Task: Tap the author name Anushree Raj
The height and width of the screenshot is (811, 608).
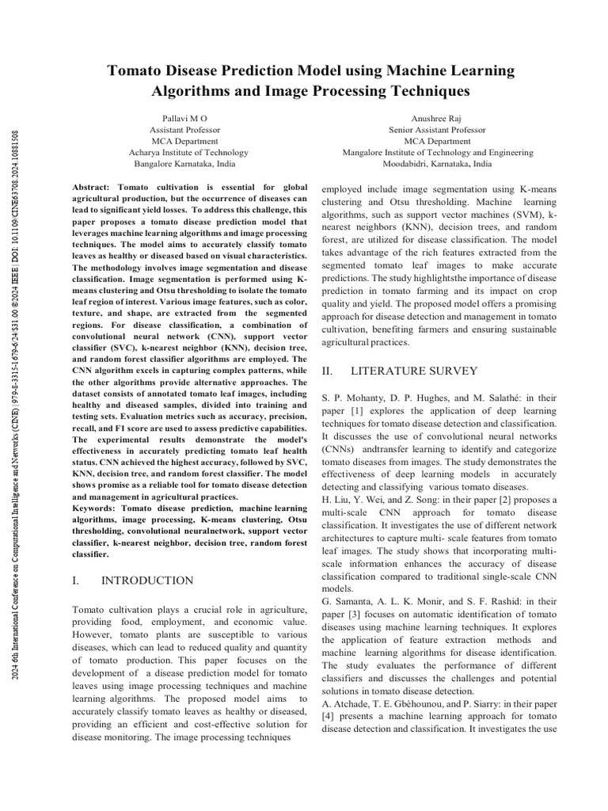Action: [437, 117]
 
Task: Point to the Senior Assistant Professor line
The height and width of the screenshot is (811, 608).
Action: [437, 129]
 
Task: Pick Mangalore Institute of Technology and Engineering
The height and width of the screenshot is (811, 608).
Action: [437, 152]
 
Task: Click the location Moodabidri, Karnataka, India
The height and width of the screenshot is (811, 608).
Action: [437, 164]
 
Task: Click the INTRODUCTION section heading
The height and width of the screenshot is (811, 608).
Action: [146, 581]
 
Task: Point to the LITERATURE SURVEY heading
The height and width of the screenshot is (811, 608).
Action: [414, 371]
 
